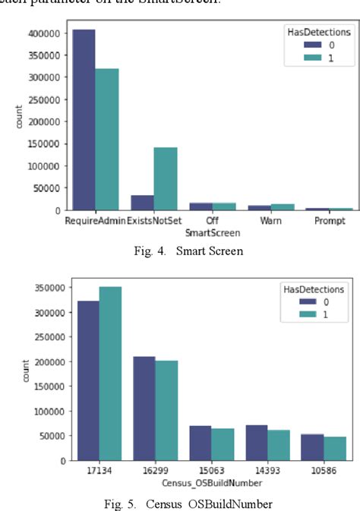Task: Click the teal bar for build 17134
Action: click(110, 373)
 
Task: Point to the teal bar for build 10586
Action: click(335, 448)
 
